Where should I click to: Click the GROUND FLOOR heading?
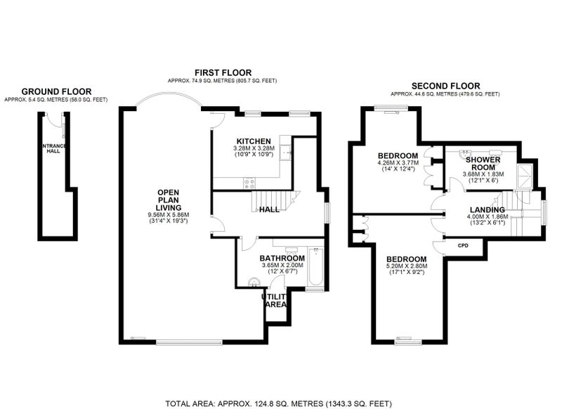tap(56, 91)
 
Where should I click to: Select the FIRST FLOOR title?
tap(223, 73)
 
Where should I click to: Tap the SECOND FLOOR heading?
tap(445, 86)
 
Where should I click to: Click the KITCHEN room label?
tap(254, 141)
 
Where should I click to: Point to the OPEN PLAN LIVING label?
tap(169, 200)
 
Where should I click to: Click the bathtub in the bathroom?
tap(315, 266)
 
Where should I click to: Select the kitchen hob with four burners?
tap(249, 183)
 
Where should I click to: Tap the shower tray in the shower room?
tap(525, 176)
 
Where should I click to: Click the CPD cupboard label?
tap(463, 245)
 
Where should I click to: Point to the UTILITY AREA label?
tap(274, 301)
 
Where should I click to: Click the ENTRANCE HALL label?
tap(54, 148)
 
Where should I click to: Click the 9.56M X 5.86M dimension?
tap(169, 215)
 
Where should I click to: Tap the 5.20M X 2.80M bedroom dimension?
tap(407, 266)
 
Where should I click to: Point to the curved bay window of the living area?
tap(169, 94)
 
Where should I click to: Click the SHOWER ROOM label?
tap(483, 164)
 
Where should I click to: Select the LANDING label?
tap(487, 210)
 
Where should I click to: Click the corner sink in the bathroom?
tap(254, 281)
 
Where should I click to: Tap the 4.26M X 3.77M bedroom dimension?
tap(398, 163)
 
